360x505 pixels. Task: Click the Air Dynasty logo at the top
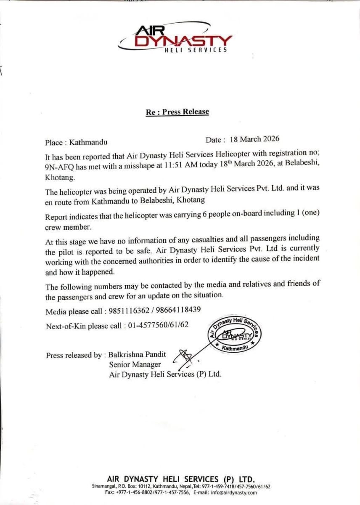pyautogui.click(x=176, y=38)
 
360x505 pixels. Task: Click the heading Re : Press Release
pyautogui.click(x=177, y=112)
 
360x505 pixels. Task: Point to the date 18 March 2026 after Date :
pyautogui.click(x=254, y=139)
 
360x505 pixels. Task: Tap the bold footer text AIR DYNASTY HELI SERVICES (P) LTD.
pyautogui.click(x=181, y=479)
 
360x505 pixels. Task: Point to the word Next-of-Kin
pyautogui.click(x=62, y=326)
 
